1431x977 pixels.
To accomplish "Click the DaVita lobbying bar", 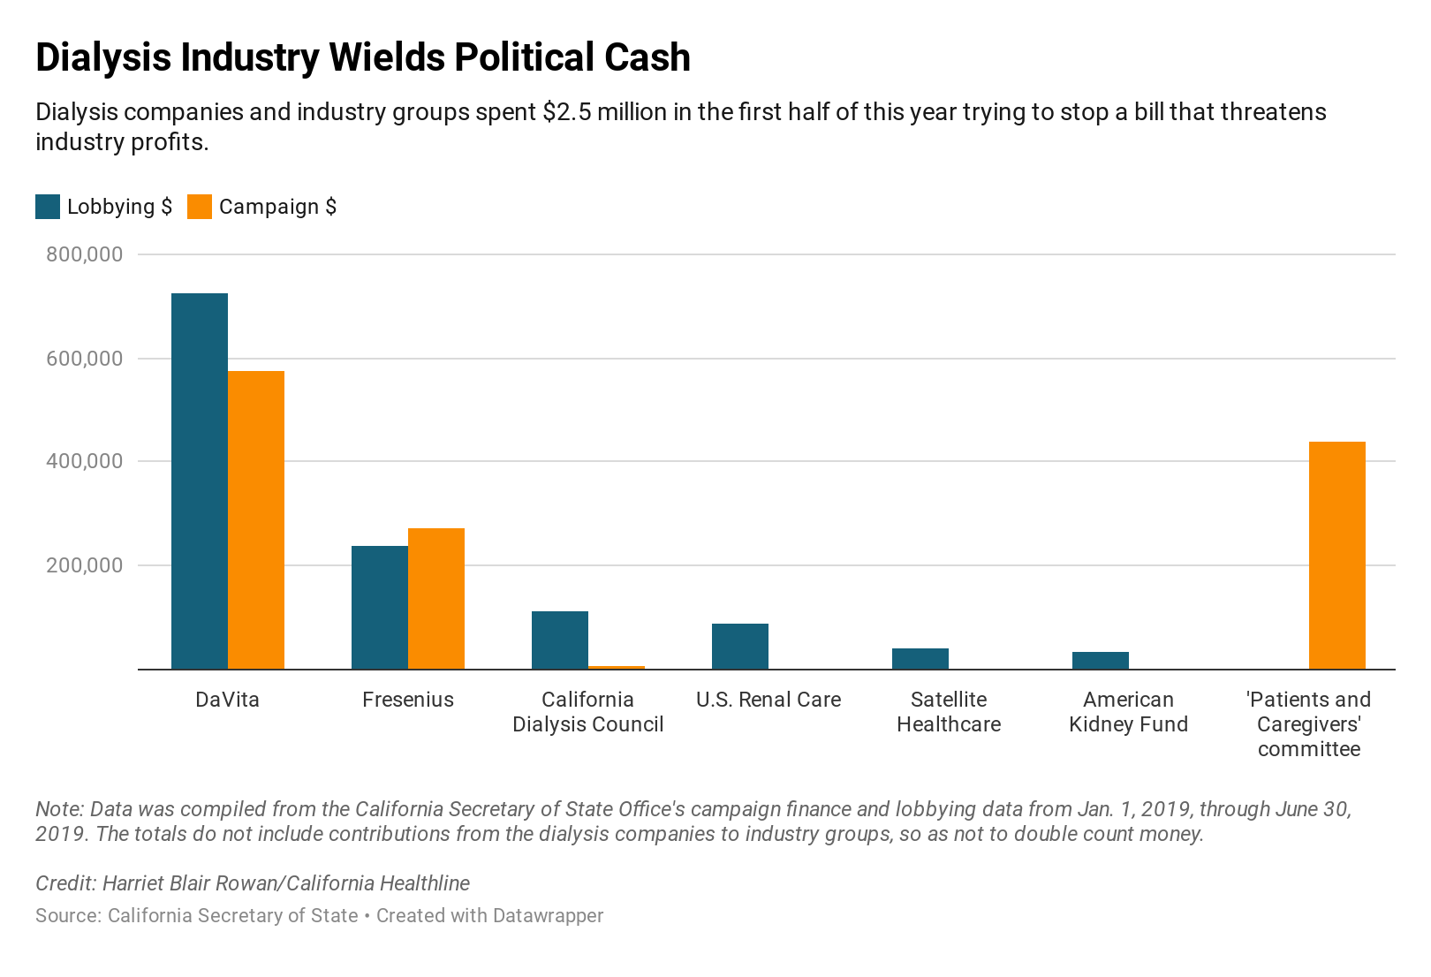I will (x=199, y=481).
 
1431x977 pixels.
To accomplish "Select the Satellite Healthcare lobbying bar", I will (x=920, y=658).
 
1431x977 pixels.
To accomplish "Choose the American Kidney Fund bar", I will (x=1101, y=660).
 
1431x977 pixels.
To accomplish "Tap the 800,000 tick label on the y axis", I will (x=83, y=254).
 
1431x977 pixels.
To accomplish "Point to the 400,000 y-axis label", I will (x=83, y=461).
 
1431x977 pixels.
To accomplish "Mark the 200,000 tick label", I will (x=83, y=565).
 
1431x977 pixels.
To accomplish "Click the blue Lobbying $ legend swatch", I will (x=48, y=207).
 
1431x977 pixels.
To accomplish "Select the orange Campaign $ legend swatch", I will (x=200, y=207).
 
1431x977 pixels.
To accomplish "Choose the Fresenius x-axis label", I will (x=408, y=700).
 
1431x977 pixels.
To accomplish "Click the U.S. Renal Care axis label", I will (x=768, y=700).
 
